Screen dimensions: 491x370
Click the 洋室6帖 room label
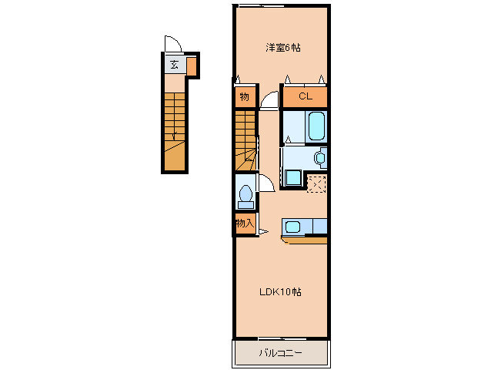coord(283,48)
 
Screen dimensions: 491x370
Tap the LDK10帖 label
coord(280,292)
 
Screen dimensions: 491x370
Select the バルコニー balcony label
coord(281,353)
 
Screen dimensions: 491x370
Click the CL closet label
coord(306,96)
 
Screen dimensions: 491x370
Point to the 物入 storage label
coord(245,224)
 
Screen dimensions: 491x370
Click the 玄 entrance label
coord(174,65)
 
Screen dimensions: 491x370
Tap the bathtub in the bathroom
coord(316,126)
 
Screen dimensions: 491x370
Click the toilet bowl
coord(245,193)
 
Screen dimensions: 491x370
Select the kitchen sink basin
coord(293,227)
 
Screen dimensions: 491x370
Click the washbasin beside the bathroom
coord(320,158)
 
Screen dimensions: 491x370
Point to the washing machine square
coord(293,177)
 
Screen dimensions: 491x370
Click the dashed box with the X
coord(316,183)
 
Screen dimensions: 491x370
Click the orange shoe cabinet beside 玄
coord(192,66)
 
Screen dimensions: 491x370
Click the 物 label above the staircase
coord(244,96)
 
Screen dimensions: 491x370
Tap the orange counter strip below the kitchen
coord(304,240)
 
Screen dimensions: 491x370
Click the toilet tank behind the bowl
coord(245,205)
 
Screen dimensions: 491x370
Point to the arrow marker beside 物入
coord(264,232)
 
